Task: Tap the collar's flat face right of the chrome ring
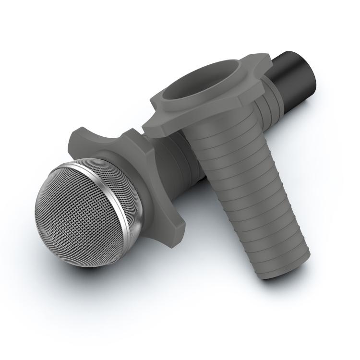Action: coord(144,192)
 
